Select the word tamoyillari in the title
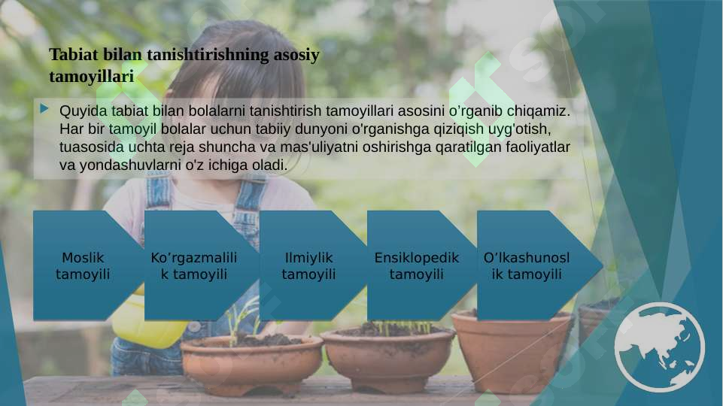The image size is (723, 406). [91, 77]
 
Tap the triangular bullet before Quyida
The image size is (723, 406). [45, 111]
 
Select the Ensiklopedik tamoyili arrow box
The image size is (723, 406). [416, 265]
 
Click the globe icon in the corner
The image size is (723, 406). [659, 347]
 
